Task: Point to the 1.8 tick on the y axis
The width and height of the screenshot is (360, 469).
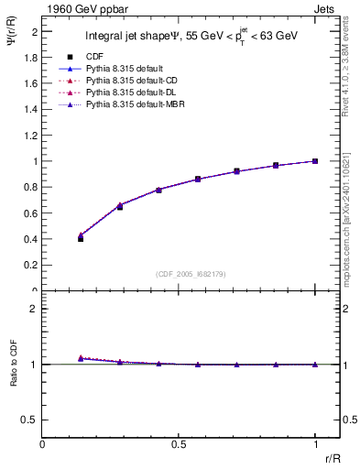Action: (30, 57)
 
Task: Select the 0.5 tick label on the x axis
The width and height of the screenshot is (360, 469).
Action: (179, 444)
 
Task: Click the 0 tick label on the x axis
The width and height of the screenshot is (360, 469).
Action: (43, 444)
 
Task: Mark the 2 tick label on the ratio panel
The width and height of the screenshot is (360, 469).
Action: (34, 309)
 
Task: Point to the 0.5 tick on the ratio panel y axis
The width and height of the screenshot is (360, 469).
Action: (30, 420)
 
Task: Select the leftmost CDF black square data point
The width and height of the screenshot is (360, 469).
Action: (81, 238)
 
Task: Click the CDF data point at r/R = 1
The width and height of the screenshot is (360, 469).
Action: (315, 161)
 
